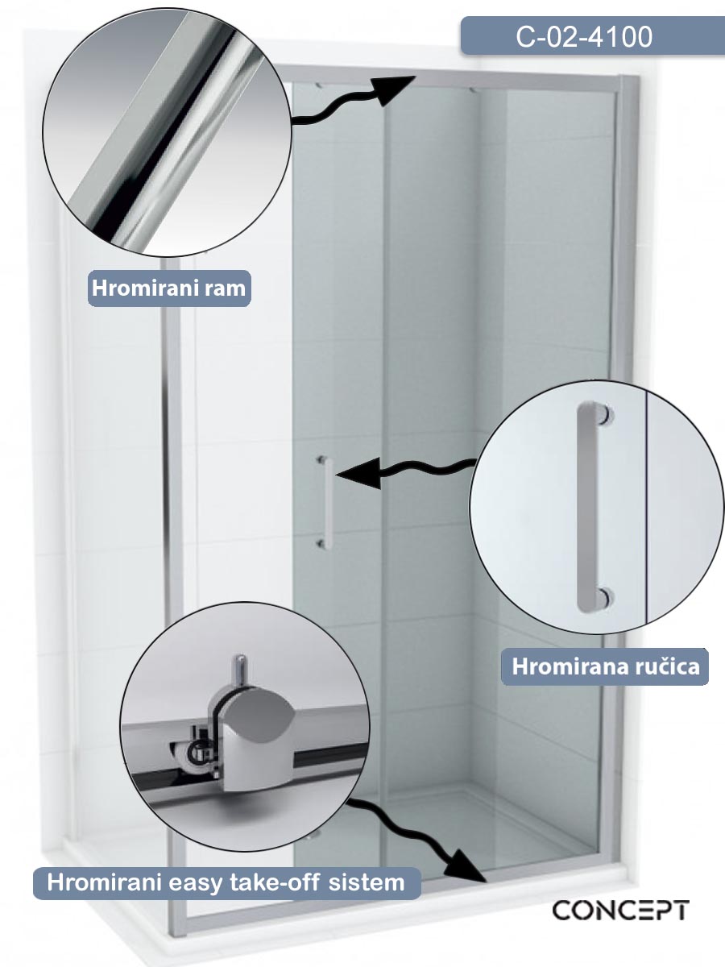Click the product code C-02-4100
(584, 36)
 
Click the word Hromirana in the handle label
(570, 666)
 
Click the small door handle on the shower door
(326, 502)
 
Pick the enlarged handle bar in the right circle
(586, 507)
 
